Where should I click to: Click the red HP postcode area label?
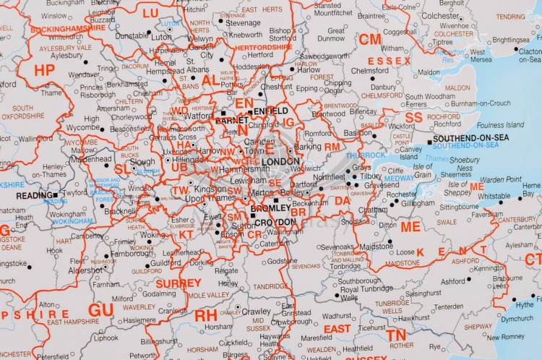click(44, 69)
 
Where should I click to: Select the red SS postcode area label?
click(413, 117)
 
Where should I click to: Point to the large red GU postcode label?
click(100, 309)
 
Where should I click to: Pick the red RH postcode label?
click(205, 315)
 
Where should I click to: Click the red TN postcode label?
click(395, 335)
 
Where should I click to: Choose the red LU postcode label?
click(150, 13)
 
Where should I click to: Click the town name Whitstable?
click(494, 196)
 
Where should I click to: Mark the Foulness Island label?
click(499, 125)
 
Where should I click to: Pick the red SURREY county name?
click(178, 283)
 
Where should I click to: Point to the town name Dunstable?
click(132, 35)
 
